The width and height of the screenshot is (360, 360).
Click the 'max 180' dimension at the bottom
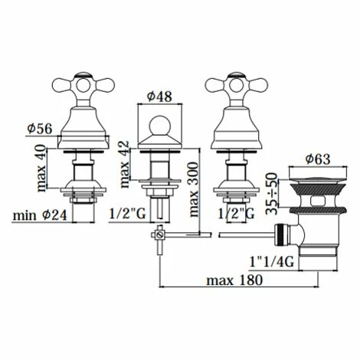234,280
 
